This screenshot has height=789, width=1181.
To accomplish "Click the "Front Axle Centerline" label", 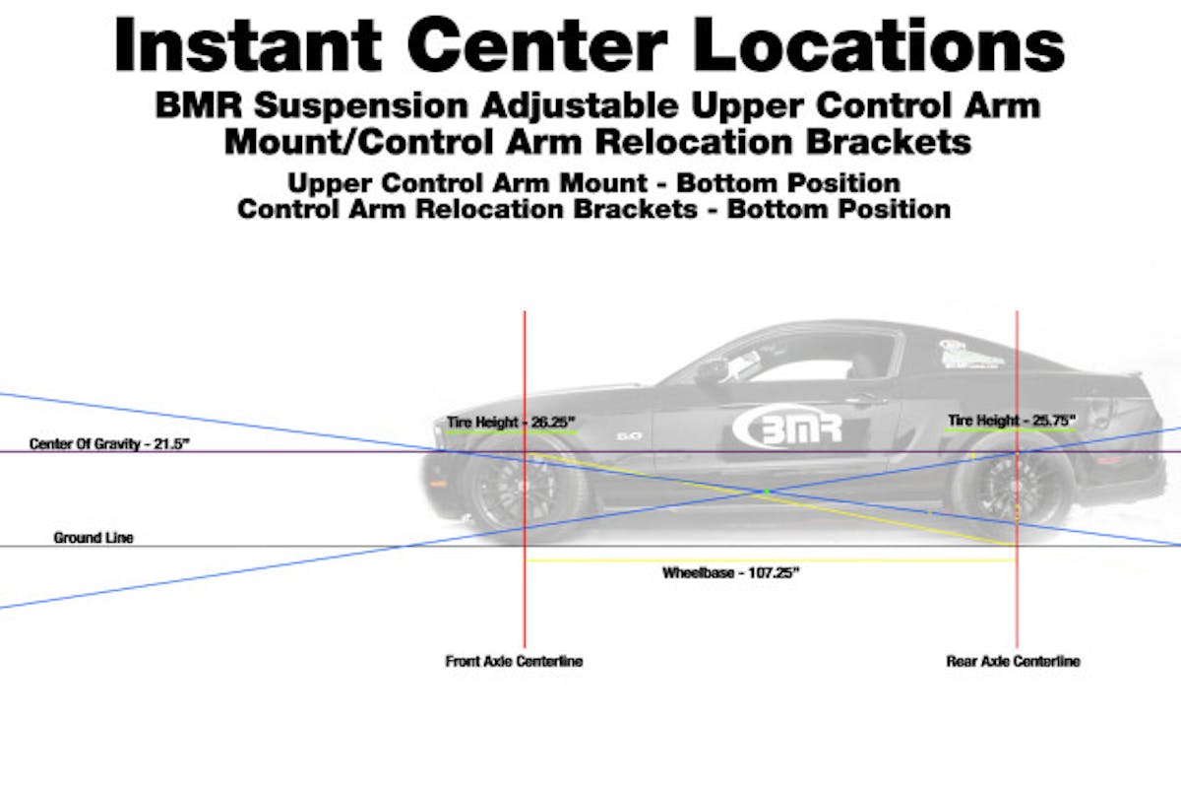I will pos(514,661).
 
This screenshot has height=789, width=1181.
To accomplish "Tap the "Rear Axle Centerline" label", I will pos(1013,661).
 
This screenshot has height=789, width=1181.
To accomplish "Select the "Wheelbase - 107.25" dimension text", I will pos(730,573).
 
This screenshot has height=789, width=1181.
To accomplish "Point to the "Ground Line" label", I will pos(93,538).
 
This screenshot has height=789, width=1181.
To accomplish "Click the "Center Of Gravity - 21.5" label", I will pos(109,444).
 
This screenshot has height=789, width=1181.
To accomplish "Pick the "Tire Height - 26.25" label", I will pos(510,422).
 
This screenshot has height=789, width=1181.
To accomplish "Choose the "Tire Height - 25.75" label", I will pos(1012,421).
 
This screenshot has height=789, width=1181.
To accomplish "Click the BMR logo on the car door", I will pos(787,427).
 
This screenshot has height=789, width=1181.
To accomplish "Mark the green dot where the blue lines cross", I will pos(768,491).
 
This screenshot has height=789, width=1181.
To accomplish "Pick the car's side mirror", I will pos(710,371).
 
